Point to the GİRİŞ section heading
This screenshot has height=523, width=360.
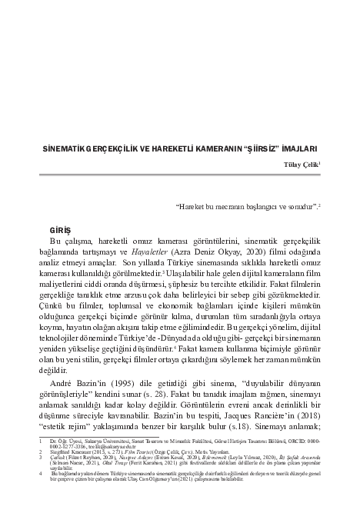tap(59, 229)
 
